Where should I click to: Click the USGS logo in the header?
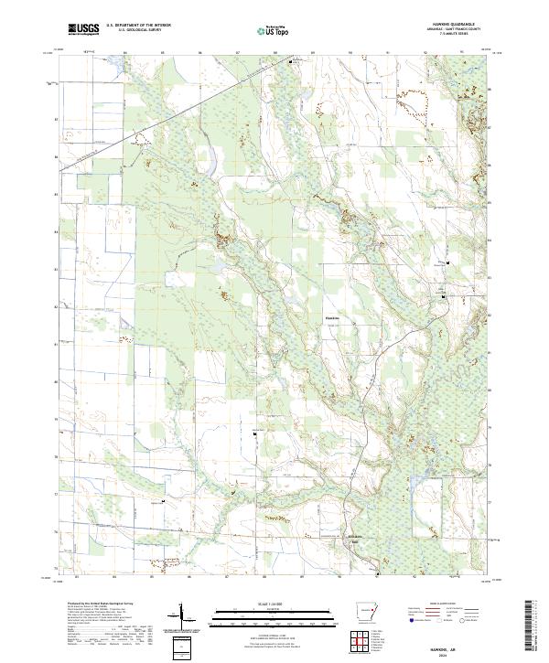coord(83,29)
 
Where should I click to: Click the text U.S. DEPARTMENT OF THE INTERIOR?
coord(138,25)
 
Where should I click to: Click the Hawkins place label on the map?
coord(333,318)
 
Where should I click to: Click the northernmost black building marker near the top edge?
coord(291,62)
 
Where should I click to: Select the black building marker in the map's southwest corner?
coord(162,502)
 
